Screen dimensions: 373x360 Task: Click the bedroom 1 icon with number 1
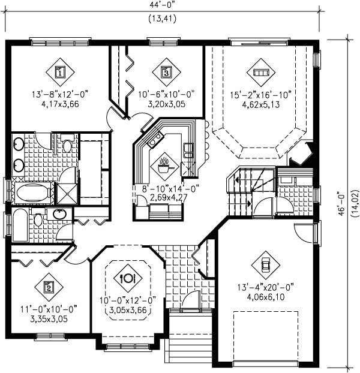tap(60, 73)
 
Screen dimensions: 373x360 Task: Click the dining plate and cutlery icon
tap(128, 278)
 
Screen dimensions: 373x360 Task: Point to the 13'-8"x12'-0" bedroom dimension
tap(60, 95)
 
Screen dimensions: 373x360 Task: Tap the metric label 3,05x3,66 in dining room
tap(128, 310)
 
